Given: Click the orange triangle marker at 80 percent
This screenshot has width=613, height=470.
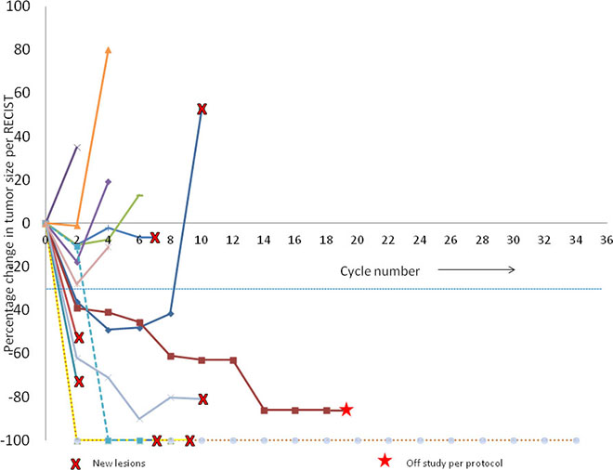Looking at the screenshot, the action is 109,49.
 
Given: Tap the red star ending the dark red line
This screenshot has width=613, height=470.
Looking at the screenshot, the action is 346,410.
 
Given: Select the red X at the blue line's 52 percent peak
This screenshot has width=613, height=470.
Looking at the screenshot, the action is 202,109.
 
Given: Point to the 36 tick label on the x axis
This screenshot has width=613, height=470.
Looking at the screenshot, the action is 606,240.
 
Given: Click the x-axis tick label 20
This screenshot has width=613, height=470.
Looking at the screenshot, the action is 357,240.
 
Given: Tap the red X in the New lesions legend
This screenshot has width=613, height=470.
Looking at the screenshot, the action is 75,463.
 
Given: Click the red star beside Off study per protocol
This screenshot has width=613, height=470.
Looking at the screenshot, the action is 385,461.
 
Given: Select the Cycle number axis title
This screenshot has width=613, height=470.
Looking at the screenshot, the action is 380,271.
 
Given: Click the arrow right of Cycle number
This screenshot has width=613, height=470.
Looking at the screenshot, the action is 476,269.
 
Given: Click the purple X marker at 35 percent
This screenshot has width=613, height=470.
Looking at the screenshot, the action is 77,148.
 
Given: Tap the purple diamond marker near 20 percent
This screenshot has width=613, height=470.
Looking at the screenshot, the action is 109,181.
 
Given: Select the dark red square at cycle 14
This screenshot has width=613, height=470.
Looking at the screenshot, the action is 265,411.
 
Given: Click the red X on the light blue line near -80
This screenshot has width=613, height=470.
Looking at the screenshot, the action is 202,399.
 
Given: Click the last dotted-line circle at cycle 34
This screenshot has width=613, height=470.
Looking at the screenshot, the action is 576,440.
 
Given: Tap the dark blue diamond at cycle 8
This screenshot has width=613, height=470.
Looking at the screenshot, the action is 171,314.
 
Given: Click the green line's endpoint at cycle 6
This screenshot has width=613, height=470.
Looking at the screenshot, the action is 140,195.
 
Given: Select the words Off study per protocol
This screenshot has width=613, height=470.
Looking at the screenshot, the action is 454,463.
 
